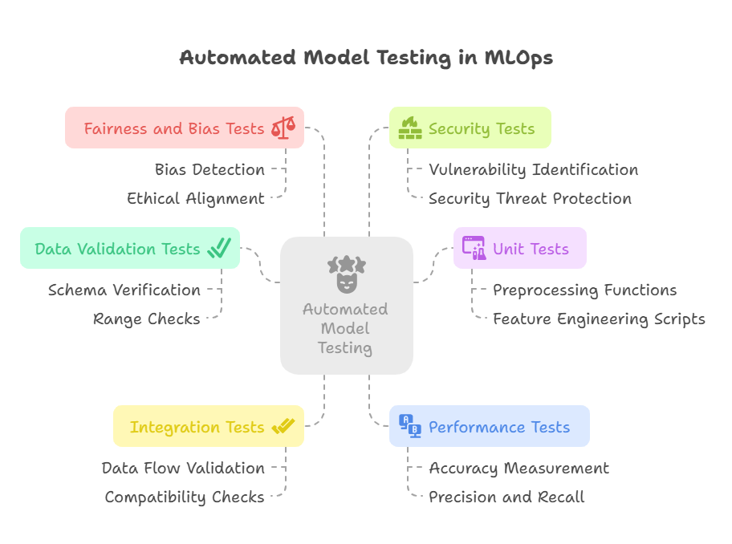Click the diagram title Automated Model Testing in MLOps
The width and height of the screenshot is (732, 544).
pos(365,58)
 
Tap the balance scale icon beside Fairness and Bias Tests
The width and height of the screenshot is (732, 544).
pos(283,128)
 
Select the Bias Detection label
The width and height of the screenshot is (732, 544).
pos(209,170)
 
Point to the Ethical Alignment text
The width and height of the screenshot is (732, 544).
pos(196,199)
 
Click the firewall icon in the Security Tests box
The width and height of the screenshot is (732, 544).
pos(410,128)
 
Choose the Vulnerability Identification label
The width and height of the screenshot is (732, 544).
pos(533,170)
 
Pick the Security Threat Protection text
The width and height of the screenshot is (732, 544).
pos(530,199)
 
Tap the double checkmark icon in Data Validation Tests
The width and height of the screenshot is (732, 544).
pos(219,248)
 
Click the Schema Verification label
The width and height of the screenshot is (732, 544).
pos(124,290)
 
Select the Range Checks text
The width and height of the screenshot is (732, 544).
pos(147,319)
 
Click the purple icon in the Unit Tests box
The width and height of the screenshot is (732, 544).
pos(474,248)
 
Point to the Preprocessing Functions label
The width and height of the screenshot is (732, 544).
pos(584,290)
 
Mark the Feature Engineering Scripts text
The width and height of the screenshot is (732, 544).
pos(599,319)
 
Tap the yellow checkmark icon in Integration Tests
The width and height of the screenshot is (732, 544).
pos(283,427)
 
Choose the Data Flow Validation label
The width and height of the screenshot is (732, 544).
pos(183,469)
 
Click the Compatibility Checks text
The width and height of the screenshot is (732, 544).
pos(185,497)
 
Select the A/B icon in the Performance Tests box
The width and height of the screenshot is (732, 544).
pos(410,426)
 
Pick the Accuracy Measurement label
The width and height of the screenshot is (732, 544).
pos(518,469)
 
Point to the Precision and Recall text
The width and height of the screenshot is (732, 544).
pos(506,497)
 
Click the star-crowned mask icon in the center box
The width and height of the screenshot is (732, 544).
pos(346,273)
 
